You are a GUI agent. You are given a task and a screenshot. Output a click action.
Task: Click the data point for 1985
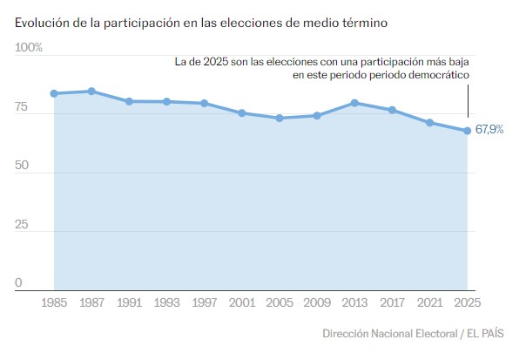click(54, 93)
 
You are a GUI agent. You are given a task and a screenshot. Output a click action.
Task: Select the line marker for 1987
click(91, 91)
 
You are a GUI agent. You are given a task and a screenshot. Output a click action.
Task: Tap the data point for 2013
click(354, 103)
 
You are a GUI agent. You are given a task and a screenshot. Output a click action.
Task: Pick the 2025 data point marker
click(468, 131)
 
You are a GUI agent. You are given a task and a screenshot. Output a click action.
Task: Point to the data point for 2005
click(280, 118)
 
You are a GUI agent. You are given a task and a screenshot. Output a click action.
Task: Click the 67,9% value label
click(489, 130)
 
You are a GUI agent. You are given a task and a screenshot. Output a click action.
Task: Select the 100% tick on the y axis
click(29, 47)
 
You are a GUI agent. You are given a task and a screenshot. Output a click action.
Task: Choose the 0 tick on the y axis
click(18, 283)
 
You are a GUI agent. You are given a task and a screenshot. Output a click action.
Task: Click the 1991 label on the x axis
click(129, 304)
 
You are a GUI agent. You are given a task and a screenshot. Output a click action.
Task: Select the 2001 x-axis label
click(242, 304)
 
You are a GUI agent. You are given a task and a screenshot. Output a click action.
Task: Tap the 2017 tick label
click(393, 304)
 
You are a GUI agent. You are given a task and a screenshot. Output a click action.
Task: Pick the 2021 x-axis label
click(430, 304)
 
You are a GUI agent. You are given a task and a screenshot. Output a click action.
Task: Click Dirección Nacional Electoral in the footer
click(389, 334)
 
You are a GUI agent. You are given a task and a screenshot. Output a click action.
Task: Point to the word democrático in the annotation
click(436, 76)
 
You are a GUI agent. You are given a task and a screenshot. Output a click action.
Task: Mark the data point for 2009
click(317, 115)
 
